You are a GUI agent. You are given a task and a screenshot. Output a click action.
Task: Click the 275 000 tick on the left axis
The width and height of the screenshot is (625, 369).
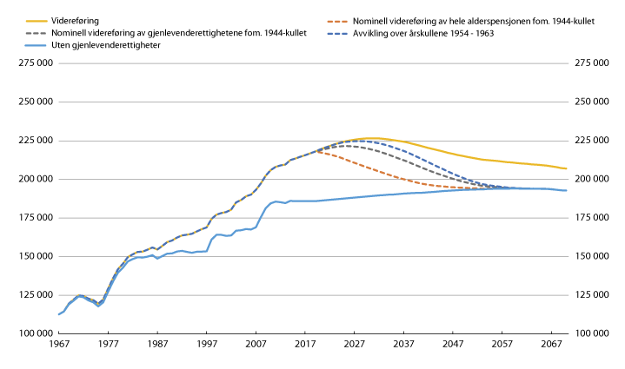(30, 63)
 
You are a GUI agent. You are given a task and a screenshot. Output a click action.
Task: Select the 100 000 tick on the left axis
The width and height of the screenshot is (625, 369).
(30, 333)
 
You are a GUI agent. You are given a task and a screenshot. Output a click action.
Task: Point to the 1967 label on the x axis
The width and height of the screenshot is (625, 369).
(58, 344)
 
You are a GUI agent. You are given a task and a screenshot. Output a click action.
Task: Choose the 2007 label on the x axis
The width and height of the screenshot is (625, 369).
(256, 344)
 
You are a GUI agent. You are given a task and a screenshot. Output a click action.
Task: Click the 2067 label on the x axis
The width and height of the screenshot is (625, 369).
(551, 344)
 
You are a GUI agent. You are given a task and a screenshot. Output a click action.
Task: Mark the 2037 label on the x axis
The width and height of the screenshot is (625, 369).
(403, 344)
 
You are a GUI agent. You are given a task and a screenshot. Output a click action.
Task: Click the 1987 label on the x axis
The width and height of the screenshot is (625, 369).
(157, 344)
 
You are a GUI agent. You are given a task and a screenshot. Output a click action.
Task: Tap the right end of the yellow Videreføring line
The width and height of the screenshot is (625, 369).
(566, 168)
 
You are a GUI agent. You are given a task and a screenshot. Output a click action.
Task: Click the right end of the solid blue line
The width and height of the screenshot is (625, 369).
(566, 190)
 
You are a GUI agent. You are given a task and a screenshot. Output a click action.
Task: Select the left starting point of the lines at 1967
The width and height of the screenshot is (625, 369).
(59, 314)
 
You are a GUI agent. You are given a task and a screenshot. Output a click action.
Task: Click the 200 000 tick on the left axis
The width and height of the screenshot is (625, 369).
(30, 179)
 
